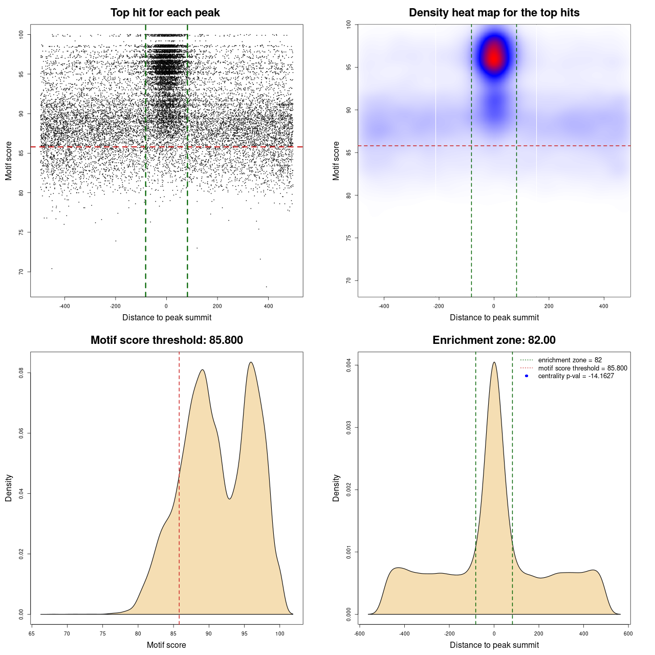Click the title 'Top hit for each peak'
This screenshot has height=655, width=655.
(x=165, y=13)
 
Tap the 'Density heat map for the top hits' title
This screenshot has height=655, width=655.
(x=494, y=13)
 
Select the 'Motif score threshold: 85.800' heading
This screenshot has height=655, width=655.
(x=166, y=340)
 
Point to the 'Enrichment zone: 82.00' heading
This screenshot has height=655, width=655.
(x=494, y=340)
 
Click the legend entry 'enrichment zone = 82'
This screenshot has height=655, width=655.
(x=570, y=360)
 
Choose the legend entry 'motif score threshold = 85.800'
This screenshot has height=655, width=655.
(x=582, y=368)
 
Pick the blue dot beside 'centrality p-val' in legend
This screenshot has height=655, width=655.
(x=527, y=376)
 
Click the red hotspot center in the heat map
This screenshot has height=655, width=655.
(x=494, y=57)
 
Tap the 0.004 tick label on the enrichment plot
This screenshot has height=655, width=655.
(x=348, y=365)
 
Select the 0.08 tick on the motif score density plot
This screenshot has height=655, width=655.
(x=21, y=374)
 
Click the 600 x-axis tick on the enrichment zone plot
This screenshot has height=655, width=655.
(x=628, y=634)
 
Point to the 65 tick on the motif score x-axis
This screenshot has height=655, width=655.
(x=32, y=634)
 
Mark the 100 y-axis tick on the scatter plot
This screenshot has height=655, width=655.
(x=21, y=34)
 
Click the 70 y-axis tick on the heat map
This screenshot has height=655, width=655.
(x=348, y=280)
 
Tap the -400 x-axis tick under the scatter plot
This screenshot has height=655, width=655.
(x=64, y=306)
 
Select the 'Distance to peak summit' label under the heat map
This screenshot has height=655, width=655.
(x=494, y=318)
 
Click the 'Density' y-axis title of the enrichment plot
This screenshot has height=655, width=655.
(x=336, y=488)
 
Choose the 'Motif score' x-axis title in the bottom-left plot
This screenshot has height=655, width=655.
(x=166, y=645)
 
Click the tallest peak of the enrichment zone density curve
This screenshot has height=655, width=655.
(x=494, y=363)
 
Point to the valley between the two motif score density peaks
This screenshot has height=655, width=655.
(x=230, y=498)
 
